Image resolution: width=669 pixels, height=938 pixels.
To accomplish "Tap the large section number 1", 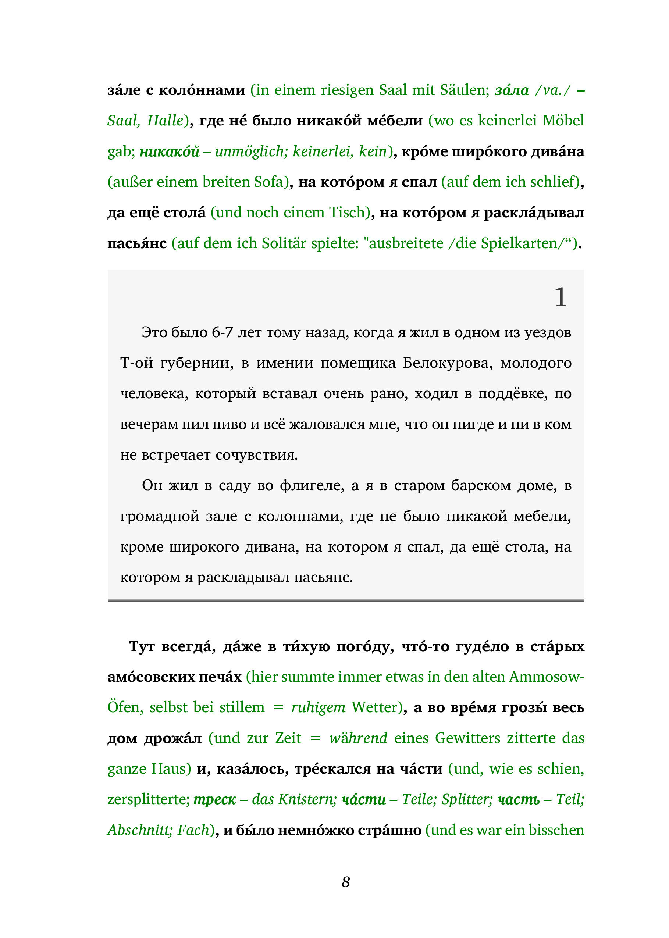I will click(560, 297).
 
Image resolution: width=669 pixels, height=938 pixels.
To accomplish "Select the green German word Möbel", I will click(563, 120).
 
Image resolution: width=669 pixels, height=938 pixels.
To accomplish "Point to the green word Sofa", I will click(268, 182).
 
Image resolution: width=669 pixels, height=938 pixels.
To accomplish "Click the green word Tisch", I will click(347, 212).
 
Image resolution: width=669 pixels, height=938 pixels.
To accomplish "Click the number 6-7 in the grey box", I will click(223, 332).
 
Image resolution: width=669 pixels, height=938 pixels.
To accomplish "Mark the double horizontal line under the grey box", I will click(346, 601).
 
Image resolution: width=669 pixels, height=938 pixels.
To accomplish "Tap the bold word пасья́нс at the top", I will click(137, 243).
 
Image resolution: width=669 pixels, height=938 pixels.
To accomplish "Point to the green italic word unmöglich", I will click(250, 151).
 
